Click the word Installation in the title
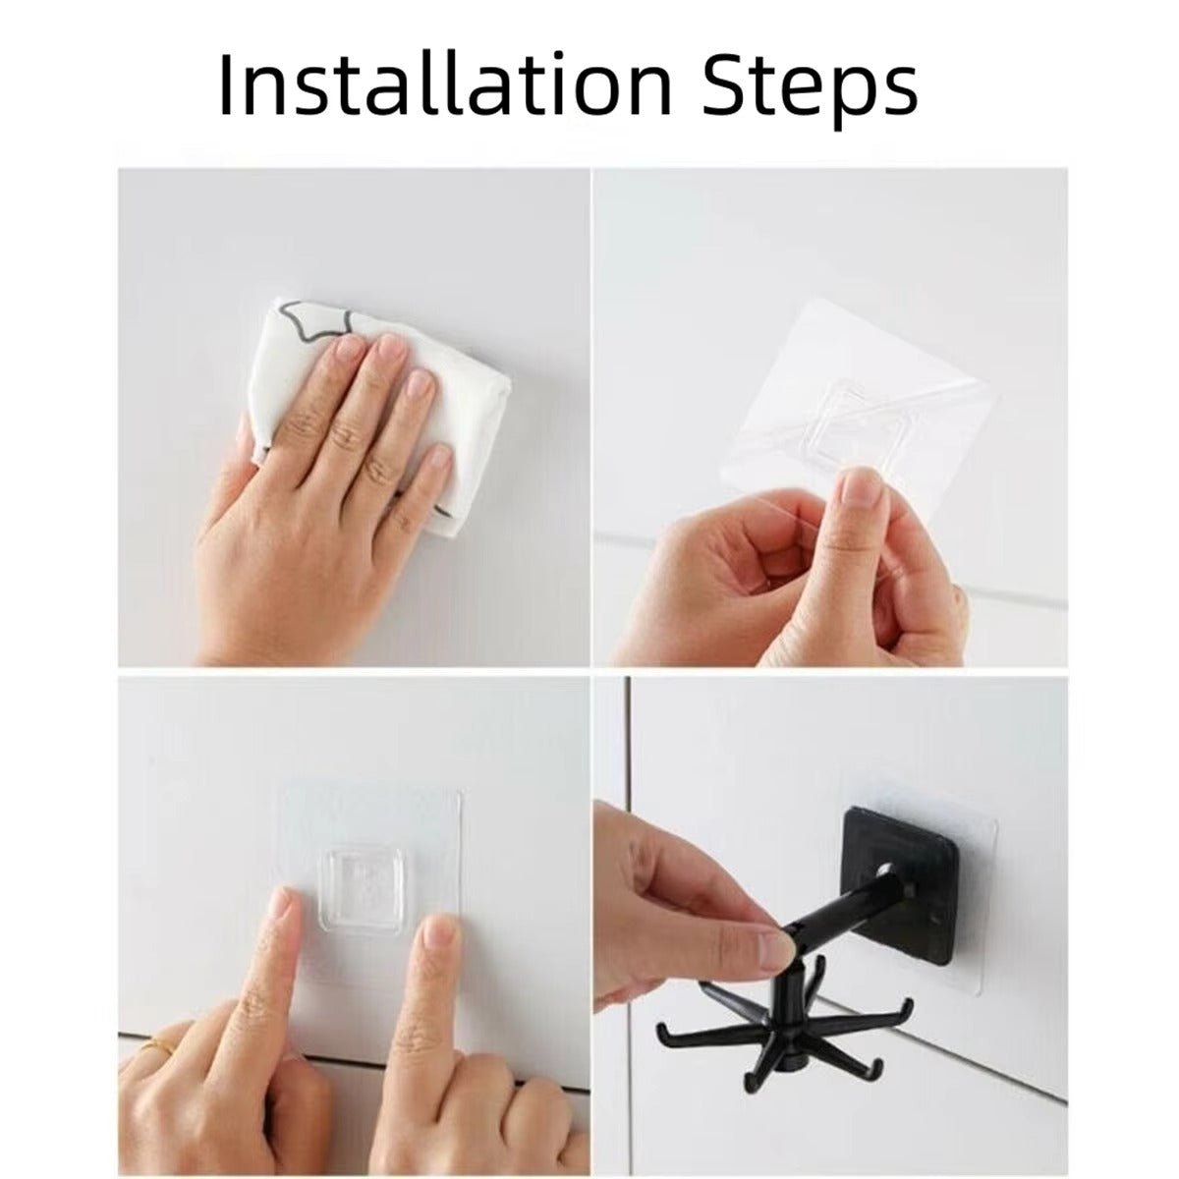click(445, 84)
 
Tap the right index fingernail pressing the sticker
click(435, 936)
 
